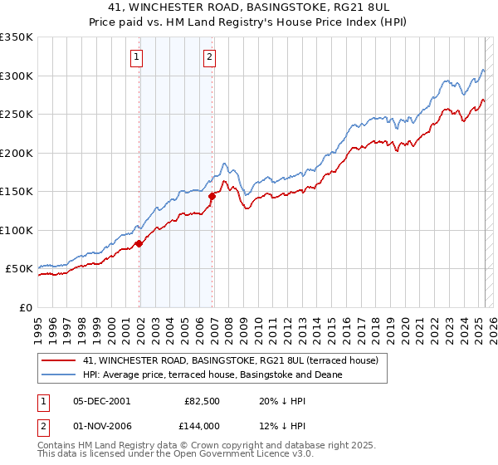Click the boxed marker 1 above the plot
[136, 57]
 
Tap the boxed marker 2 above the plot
[209, 57]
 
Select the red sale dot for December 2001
[139, 243]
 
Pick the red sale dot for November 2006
[212, 196]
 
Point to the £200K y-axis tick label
[16, 153]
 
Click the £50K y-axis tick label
[18, 269]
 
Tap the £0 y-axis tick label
[26, 307]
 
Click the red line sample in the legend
[59, 360]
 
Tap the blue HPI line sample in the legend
[59, 374]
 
